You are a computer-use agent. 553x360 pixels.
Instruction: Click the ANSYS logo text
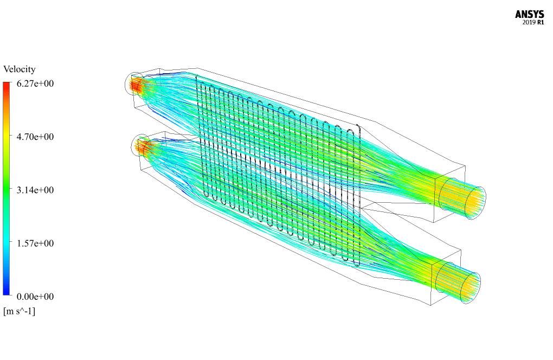point(529,14)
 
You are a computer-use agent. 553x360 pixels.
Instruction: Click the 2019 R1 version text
point(533,22)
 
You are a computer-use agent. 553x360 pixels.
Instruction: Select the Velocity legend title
point(20,69)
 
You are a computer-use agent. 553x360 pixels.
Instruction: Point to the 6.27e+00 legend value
point(35,83)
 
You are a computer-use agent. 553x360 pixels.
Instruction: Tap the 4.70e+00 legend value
point(35,137)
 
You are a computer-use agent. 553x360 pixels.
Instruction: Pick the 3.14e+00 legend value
point(35,190)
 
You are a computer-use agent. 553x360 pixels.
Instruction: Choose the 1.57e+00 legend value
point(35,243)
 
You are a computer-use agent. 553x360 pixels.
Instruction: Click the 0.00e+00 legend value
point(35,297)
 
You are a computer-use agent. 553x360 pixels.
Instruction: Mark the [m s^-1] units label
point(20,311)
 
